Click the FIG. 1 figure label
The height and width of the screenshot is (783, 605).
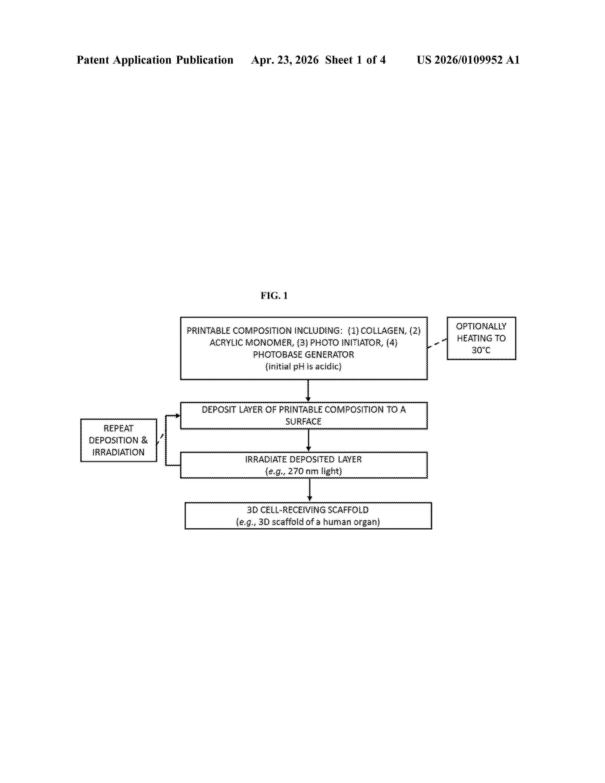pyautogui.click(x=274, y=295)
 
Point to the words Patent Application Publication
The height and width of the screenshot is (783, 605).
pyautogui.click(x=155, y=60)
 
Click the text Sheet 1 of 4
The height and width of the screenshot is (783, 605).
pyautogui.click(x=355, y=60)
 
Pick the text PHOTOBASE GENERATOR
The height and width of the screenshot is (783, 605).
pyautogui.click(x=303, y=354)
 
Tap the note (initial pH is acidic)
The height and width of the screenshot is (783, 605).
pyautogui.click(x=303, y=366)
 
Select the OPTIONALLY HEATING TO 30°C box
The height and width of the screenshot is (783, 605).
pyautogui.click(x=481, y=338)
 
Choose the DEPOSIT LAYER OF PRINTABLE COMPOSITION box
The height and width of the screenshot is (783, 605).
pyautogui.click(x=304, y=415)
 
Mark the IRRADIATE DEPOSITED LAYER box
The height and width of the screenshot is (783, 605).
pyautogui.click(x=304, y=465)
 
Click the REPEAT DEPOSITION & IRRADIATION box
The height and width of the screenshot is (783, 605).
pyautogui.click(x=119, y=440)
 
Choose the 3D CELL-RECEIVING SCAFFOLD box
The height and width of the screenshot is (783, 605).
pyautogui.click(x=308, y=516)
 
